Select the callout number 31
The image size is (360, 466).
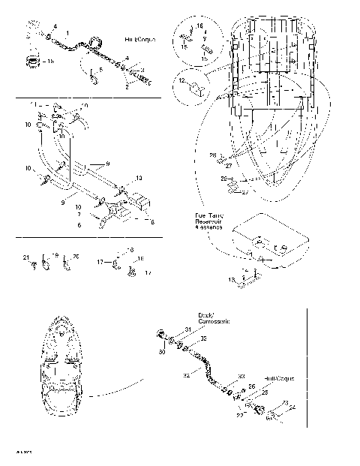tap(187, 330)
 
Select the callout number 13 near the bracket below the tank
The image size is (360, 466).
tap(231, 280)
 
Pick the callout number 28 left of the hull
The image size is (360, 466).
tap(211, 155)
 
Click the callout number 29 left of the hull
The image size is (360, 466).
tap(223, 179)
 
